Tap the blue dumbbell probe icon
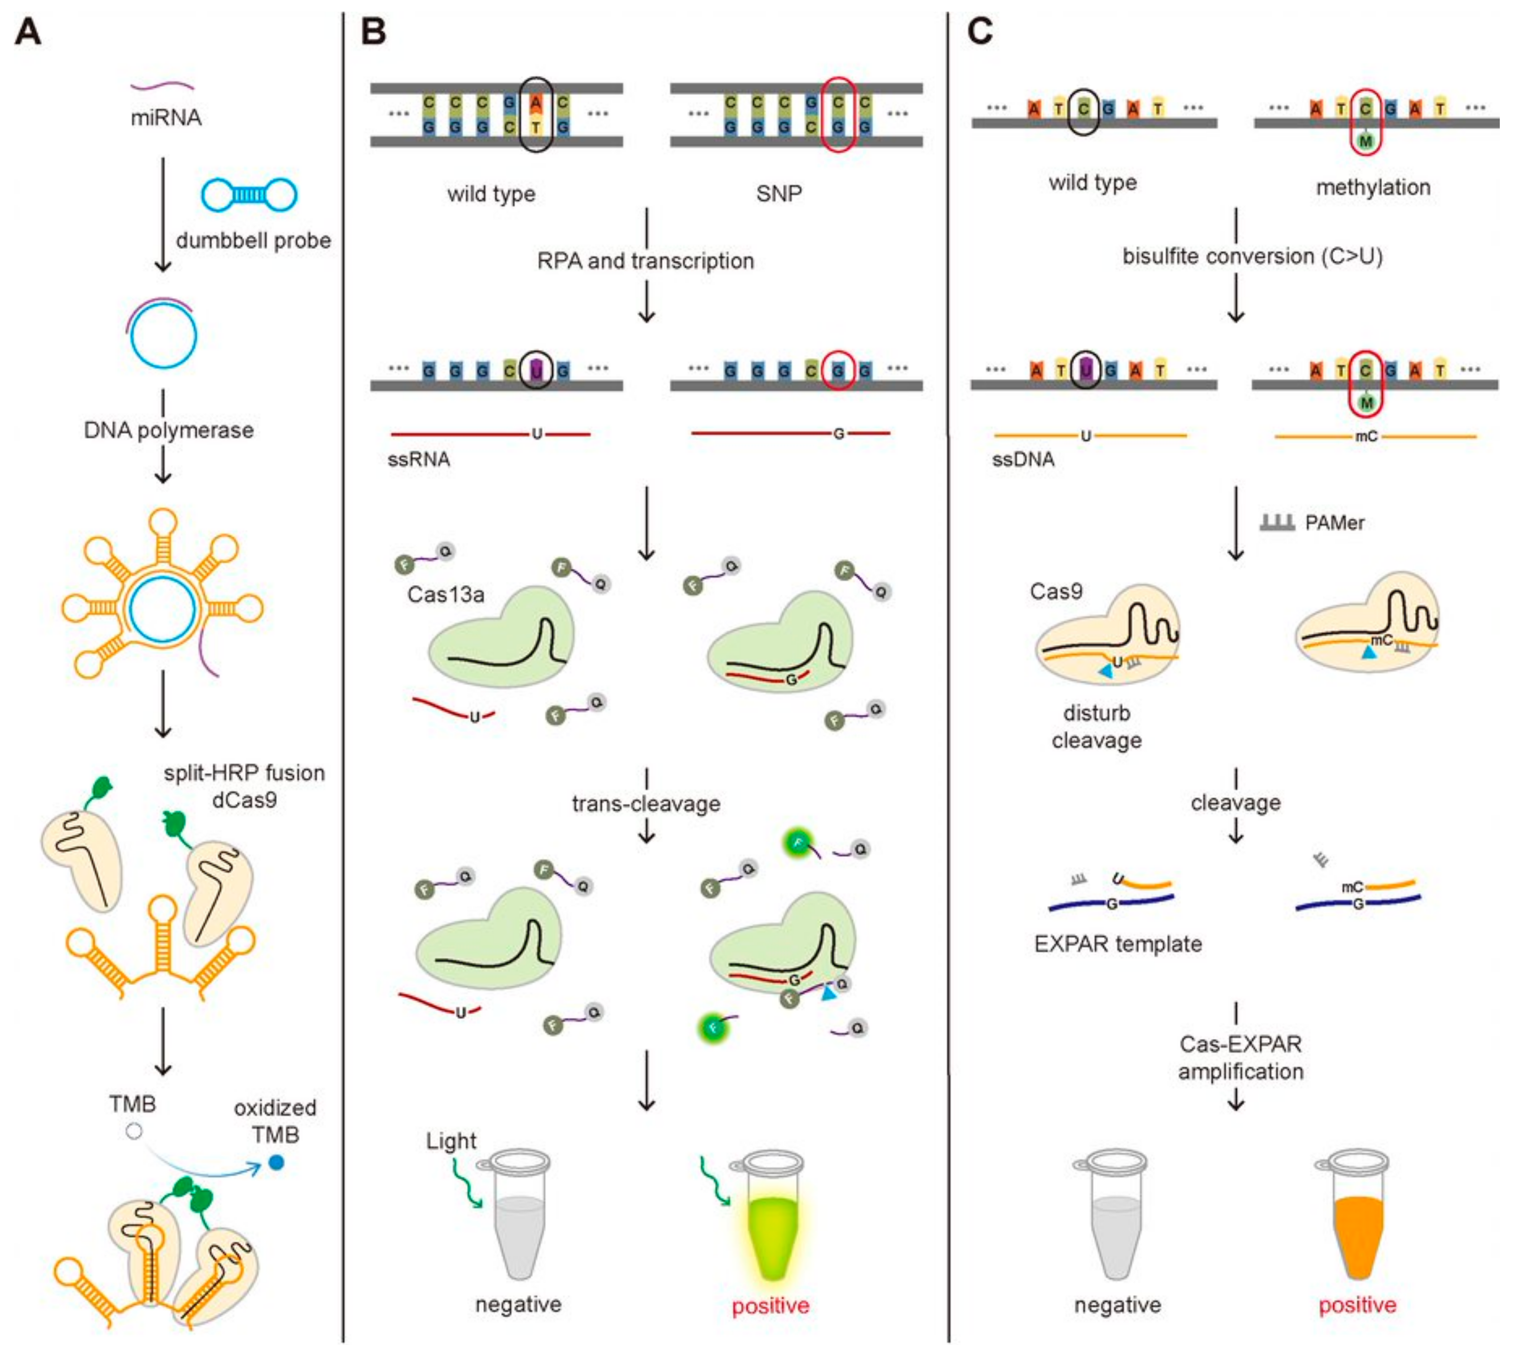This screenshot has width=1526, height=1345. click(x=249, y=195)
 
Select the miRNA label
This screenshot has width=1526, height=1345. click(x=166, y=117)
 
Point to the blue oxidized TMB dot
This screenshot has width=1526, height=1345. click(x=276, y=1163)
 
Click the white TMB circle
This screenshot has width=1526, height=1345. click(x=133, y=1131)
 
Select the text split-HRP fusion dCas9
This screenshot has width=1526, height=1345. click(x=244, y=786)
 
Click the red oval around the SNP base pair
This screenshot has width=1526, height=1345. click(x=838, y=114)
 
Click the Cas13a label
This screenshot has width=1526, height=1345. click(x=446, y=595)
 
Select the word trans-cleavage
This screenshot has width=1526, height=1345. click(x=646, y=803)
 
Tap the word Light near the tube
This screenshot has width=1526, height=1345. click(x=451, y=1140)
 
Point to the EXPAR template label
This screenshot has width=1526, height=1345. click(x=1118, y=944)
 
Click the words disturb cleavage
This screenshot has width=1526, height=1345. click(x=1096, y=727)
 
